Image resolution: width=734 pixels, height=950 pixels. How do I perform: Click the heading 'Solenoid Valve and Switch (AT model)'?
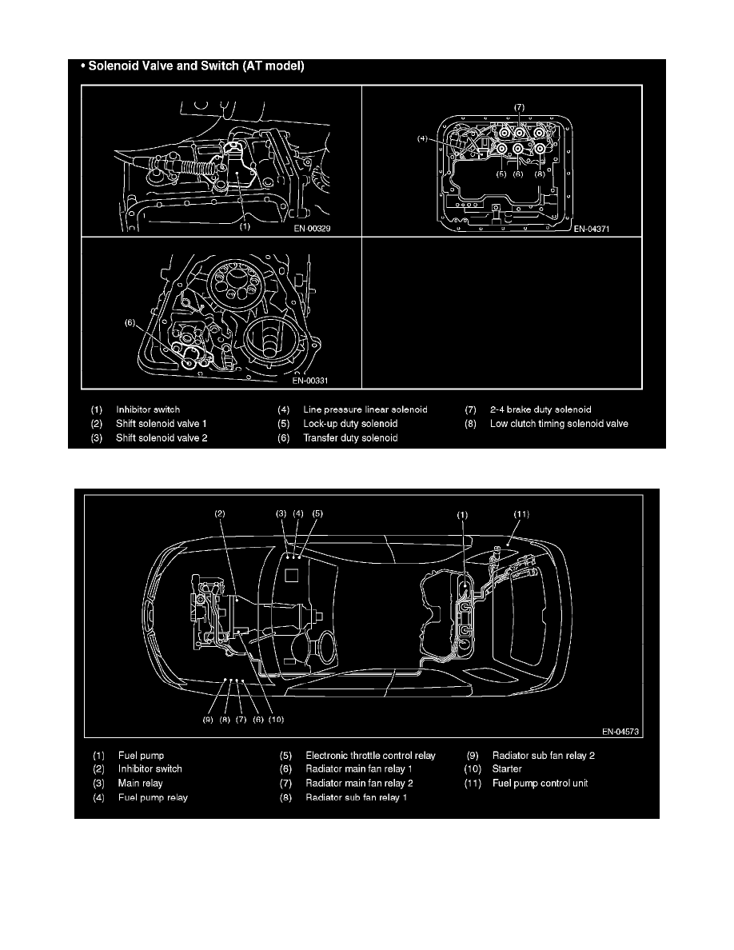coord(196,66)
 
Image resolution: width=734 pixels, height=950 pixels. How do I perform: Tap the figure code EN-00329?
coord(312,229)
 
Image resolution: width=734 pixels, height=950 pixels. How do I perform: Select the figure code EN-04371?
coord(592,229)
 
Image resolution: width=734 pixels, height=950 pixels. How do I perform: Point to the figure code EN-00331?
coord(310,381)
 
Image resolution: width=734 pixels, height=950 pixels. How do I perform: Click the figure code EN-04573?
coord(620,731)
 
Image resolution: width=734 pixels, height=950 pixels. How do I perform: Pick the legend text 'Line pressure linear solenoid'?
coord(365,409)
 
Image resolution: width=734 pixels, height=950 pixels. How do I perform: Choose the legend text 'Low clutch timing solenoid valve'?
coord(559,424)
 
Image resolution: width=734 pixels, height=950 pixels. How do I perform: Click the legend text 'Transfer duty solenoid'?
coord(351,437)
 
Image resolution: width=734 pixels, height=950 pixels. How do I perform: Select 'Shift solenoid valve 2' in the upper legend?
coord(162,437)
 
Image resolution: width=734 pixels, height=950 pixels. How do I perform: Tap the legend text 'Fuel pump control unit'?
coord(541,783)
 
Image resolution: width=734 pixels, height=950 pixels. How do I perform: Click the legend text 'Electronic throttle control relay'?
coord(371,755)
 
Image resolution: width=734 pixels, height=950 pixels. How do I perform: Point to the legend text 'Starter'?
coord(507,768)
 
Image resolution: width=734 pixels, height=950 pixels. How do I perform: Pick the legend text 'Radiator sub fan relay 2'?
coord(543,755)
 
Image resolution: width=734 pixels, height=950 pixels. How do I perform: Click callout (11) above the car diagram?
coord(521,513)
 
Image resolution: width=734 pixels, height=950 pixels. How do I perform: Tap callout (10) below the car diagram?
coord(276,719)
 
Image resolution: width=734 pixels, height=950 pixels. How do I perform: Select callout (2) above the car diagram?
coord(220,513)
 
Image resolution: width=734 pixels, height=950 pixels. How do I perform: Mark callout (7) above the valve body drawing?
coord(519,107)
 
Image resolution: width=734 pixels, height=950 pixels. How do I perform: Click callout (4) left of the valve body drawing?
coord(422,139)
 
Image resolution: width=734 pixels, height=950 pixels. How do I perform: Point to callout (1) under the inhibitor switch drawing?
coord(244,227)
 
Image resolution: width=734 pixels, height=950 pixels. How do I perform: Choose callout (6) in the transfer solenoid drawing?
coord(130,322)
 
